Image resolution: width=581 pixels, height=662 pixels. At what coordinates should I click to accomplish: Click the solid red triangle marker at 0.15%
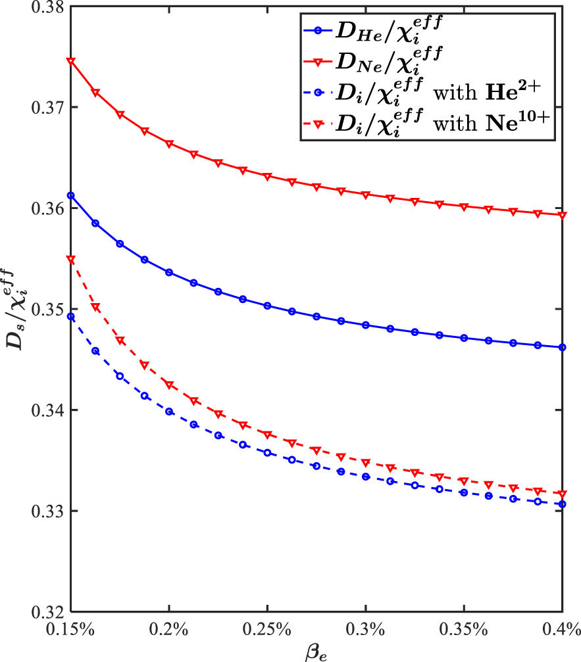70,61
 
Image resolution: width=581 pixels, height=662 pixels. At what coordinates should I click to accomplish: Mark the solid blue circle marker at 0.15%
70,195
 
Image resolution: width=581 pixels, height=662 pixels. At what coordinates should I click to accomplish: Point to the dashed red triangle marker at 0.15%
70,260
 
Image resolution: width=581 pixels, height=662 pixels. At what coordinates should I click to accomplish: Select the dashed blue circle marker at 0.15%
70,316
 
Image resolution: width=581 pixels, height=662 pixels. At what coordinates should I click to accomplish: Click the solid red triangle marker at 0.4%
562,215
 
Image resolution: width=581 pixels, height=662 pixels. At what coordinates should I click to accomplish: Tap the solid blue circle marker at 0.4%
562,347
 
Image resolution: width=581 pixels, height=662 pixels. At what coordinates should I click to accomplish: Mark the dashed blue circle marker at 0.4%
562,504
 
